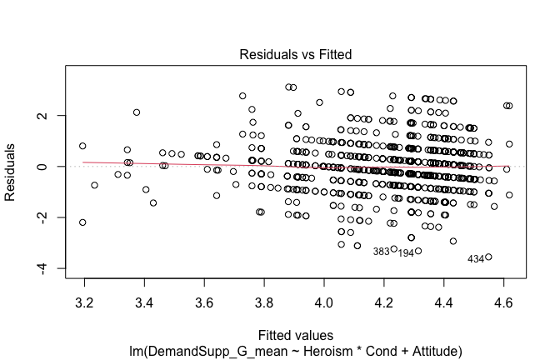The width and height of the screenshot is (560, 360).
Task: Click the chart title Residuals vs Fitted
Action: coord(296,55)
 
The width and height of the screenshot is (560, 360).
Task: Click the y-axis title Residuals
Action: coord(12,167)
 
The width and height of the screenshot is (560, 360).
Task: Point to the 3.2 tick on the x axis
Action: coord(83,295)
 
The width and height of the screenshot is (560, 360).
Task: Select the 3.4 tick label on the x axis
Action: coord(143,295)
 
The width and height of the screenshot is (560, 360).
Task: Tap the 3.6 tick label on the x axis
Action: coord(203,295)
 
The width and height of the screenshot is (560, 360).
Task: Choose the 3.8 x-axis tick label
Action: coord(263,295)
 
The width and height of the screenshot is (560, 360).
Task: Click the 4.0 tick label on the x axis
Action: coord(323,295)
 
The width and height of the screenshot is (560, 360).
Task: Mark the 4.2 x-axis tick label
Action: coord(383,295)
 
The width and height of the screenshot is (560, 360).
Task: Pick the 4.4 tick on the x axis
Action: coord(443,295)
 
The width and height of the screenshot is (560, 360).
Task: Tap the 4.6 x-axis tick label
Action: coord(503,295)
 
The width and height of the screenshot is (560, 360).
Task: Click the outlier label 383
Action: coord(381,251)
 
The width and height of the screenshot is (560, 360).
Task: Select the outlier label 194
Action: coord(406,252)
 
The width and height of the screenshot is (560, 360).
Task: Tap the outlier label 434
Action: coord(476,259)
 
